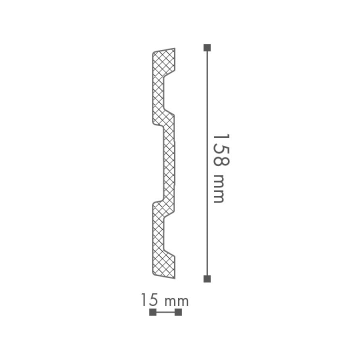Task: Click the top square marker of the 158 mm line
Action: [x=207, y=48]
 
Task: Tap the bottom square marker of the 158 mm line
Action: [x=207, y=279]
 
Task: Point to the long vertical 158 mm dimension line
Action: [x=207, y=163]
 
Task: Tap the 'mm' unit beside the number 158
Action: [x=219, y=188]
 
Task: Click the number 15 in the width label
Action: [x=150, y=300]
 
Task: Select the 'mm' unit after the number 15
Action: [x=177, y=302]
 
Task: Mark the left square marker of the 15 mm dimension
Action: [x=153, y=312]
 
